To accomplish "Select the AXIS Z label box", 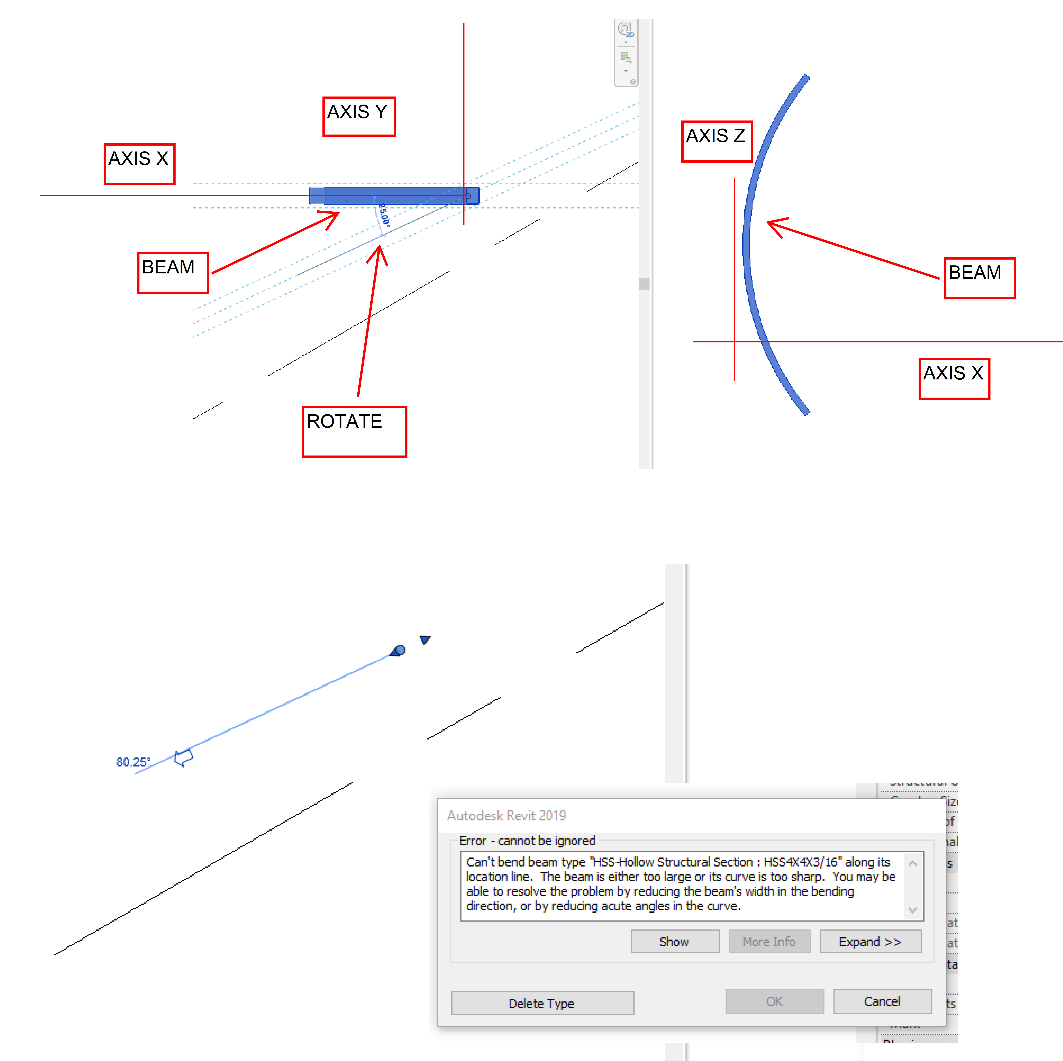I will [x=716, y=141].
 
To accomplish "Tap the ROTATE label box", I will [x=354, y=432].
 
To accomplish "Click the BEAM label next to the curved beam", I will [x=979, y=278].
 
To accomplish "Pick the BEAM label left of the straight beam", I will [x=173, y=272].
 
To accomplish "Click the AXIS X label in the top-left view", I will [x=139, y=164].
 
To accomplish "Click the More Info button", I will [x=769, y=942].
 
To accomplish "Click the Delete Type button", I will [x=542, y=1003].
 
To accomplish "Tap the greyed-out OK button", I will [x=774, y=1001].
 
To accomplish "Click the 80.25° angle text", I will [x=133, y=762].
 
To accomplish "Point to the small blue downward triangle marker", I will [x=425, y=639].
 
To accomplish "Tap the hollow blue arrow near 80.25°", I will [x=183, y=758].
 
